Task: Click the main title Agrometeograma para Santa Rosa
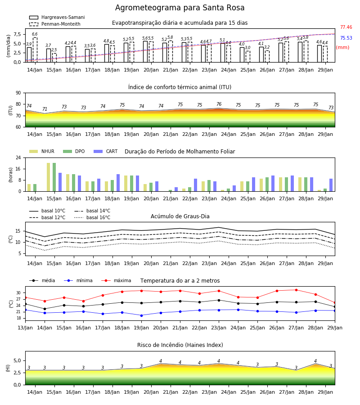tap(180, 8)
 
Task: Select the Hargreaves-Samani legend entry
tap(57, 17)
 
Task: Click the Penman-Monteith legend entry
tap(55, 24)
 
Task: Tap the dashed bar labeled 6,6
tap(35, 50)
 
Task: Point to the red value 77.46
tap(346, 27)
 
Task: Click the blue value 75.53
tap(346, 38)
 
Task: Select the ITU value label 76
tap(219, 104)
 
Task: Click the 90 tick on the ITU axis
tap(18, 93)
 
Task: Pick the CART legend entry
tap(105, 151)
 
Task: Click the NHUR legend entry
tap(41, 151)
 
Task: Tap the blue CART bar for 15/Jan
tap(60, 182)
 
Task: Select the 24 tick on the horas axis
tap(18, 157)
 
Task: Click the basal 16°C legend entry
tap(92, 217)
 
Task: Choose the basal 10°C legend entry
tap(47, 211)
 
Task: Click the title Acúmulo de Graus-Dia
tap(180, 216)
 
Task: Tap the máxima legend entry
tap(116, 280)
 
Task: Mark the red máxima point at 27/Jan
tap(296, 290)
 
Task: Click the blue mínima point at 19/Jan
tap(141, 315)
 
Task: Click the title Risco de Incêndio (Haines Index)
tap(180, 345)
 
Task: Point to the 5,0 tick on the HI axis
tap(18, 360)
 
